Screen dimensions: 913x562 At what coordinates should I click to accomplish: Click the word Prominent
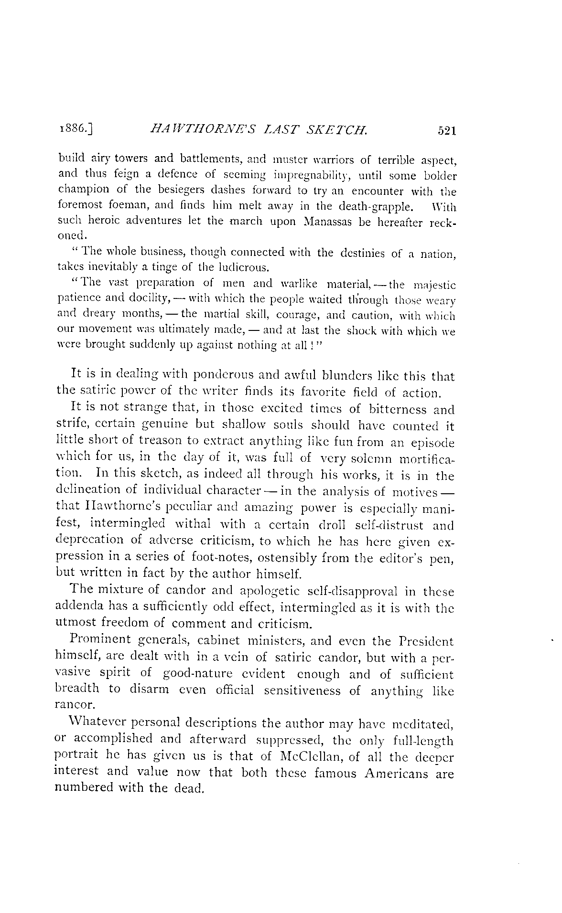click(100, 640)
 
